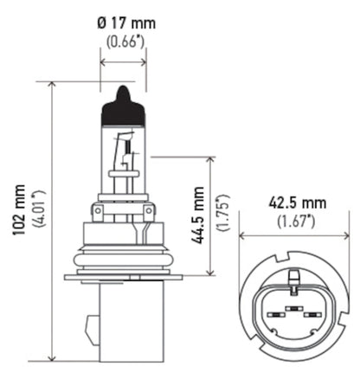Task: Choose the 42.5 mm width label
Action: tap(297, 203)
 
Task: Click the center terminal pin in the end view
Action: tap(295, 309)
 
